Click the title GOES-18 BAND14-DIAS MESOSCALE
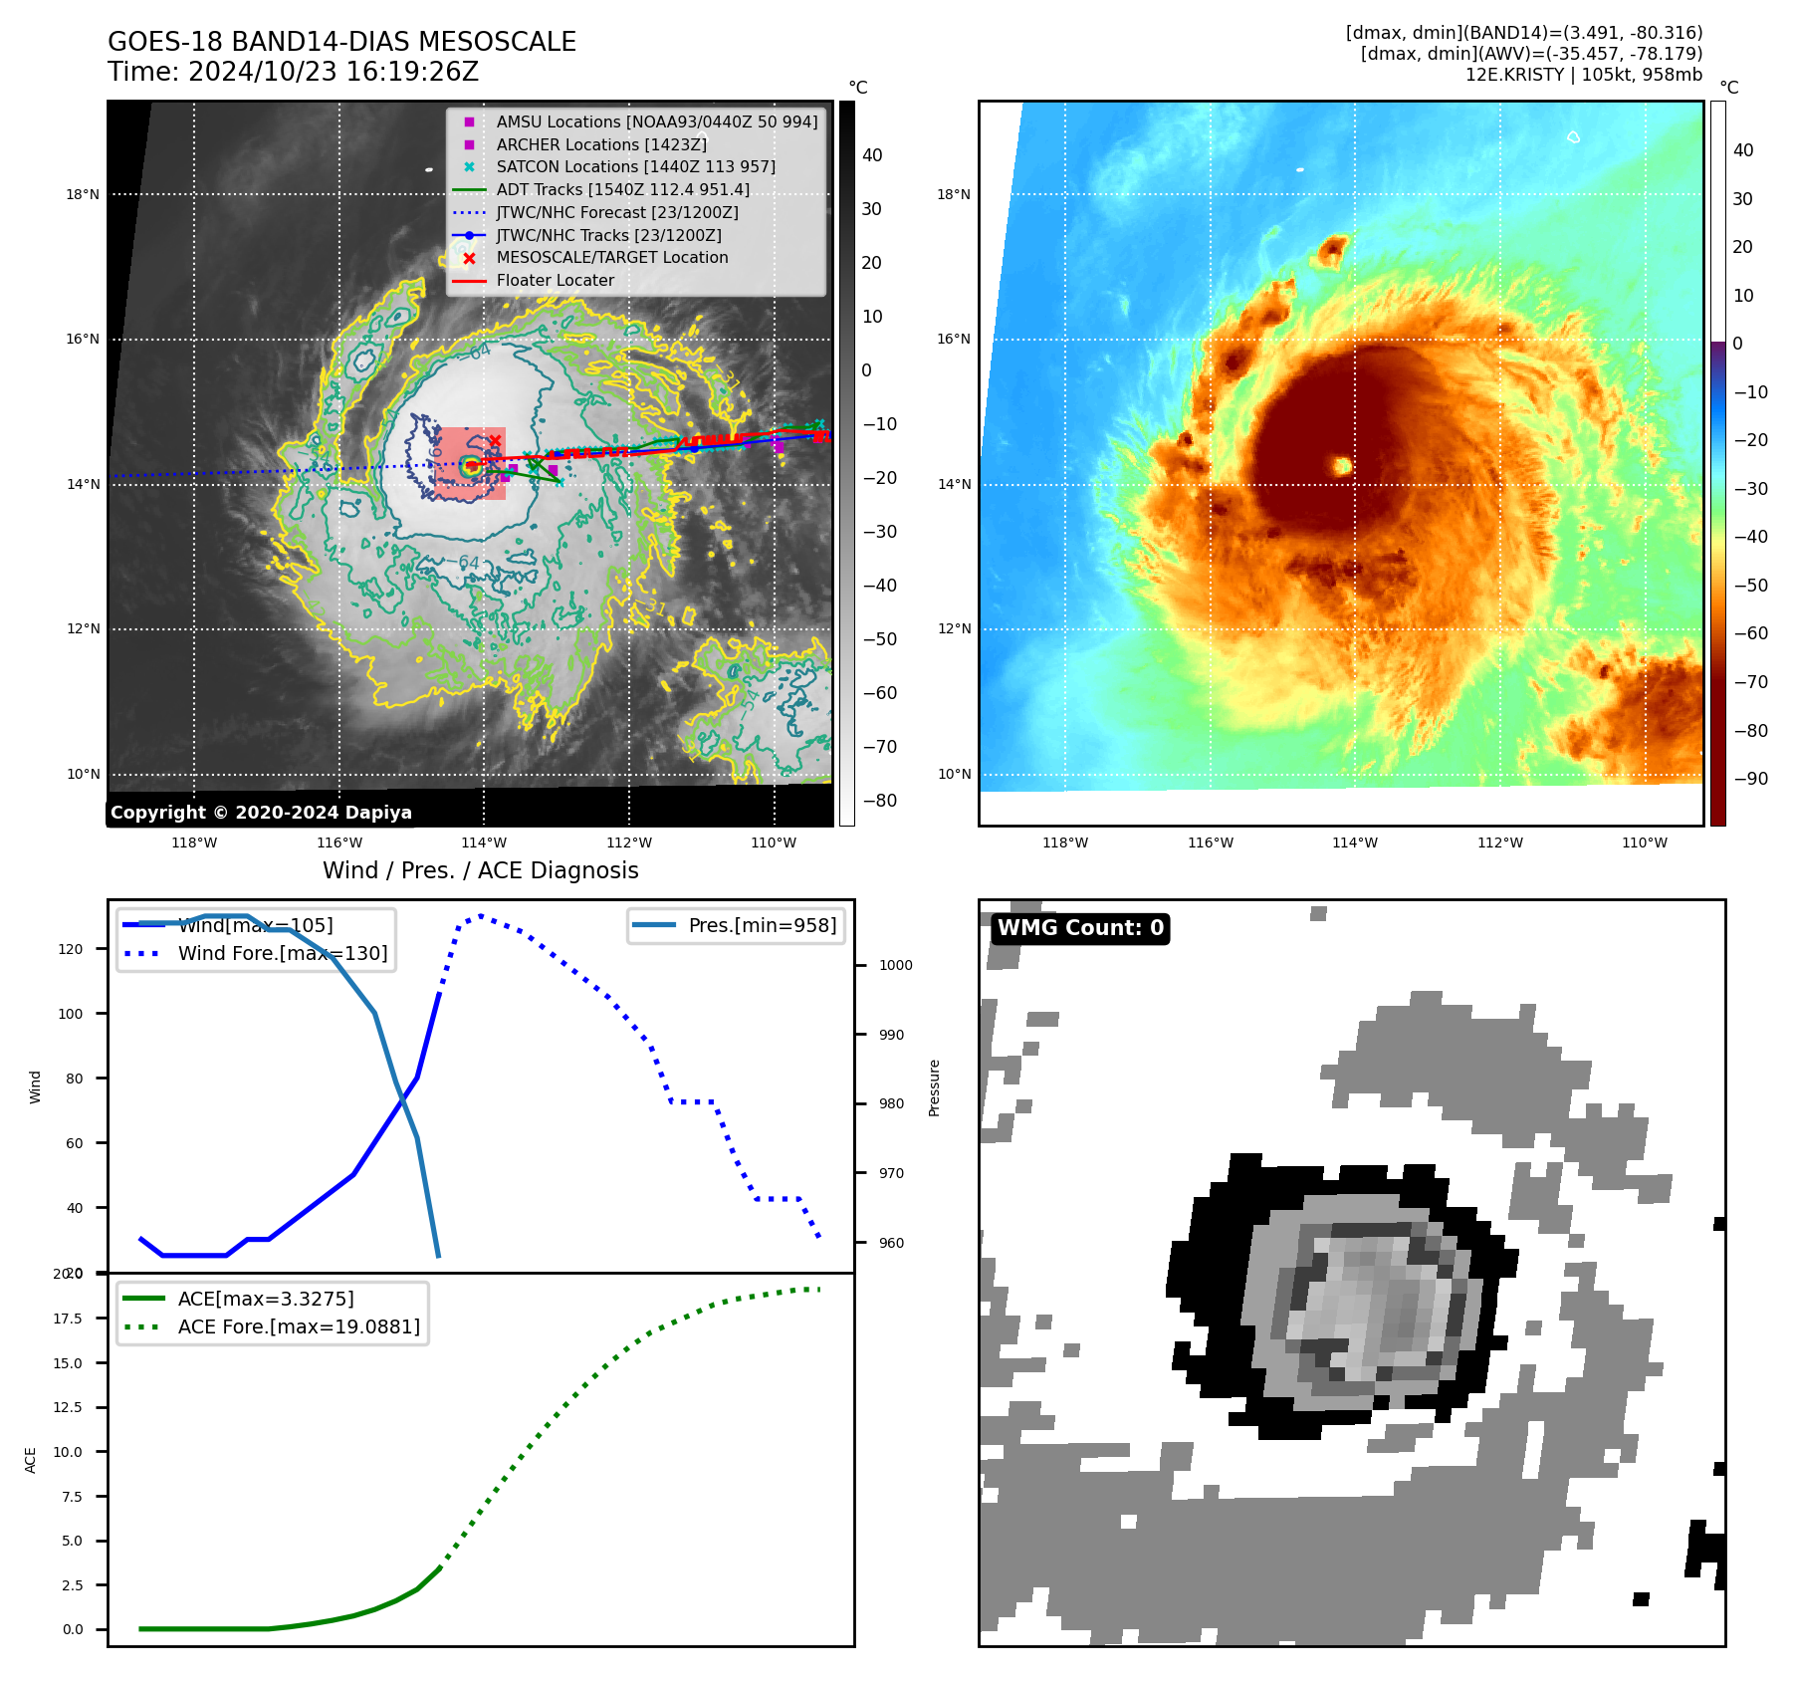(x=341, y=42)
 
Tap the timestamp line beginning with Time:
(x=294, y=72)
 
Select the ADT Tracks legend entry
(x=622, y=189)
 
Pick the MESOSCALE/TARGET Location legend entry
(x=611, y=257)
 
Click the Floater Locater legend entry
(x=555, y=280)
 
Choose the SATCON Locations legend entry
(x=635, y=166)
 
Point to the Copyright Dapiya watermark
(x=261, y=813)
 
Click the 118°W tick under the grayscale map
(x=194, y=842)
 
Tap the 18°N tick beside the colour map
(x=954, y=194)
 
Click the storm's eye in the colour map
(x=1342, y=465)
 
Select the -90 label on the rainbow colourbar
(x=1750, y=779)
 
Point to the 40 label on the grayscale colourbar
(x=872, y=154)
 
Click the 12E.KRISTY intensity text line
(x=1583, y=75)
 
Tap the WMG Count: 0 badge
(x=1080, y=928)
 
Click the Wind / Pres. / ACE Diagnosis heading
(x=480, y=870)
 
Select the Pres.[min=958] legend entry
(x=762, y=925)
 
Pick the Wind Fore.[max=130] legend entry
(x=282, y=953)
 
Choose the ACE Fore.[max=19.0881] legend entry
(x=299, y=1326)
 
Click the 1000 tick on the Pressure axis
(x=895, y=965)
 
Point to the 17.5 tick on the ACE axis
(x=68, y=1319)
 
